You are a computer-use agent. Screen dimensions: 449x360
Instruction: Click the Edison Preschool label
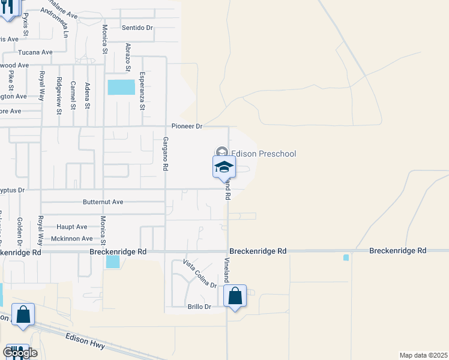coord(264,154)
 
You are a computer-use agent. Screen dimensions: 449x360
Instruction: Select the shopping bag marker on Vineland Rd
coord(235,296)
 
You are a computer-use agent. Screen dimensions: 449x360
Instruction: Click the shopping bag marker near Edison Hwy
coord(23,314)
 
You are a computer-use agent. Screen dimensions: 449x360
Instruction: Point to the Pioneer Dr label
coord(187,127)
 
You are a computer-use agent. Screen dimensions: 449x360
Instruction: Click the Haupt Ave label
coord(72,227)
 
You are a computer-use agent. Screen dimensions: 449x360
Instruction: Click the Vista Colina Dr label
coord(199,274)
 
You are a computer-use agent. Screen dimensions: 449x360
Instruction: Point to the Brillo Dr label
coord(199,307)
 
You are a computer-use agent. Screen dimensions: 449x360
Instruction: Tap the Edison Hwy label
coord(85,341)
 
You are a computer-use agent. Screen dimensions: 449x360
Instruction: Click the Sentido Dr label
coord(137,28)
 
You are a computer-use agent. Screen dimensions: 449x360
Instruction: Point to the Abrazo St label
coord(127,56)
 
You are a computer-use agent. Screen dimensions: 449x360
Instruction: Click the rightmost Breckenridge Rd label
coord(397,250)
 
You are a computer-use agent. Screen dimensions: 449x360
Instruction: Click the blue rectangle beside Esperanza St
coord(121,87)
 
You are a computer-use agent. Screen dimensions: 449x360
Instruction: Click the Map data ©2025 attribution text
coord(423,355)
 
